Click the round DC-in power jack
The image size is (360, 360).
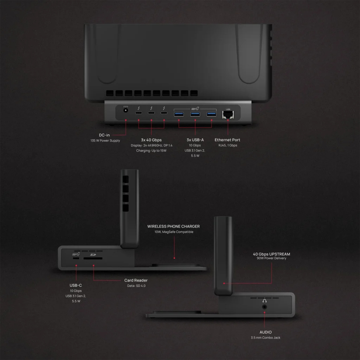[126, 110]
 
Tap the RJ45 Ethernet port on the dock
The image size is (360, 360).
[228, 115]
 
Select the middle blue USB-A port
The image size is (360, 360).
[195, 114]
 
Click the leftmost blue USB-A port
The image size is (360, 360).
[179, 114]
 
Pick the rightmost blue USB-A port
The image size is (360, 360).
[211, 114]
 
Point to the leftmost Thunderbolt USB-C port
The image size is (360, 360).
[139, 113]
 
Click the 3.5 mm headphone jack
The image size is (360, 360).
[264, 307]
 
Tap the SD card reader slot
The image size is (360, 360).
[93, 258]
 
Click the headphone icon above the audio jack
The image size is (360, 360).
[264, 301]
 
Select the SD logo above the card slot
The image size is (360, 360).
[93, 255]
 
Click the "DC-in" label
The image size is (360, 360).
[104, 135]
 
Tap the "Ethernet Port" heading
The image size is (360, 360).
[227, 140]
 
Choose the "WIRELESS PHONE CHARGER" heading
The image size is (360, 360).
[174, 226]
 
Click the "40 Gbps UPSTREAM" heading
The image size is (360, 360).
[271, 254]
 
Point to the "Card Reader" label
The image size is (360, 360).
[136, 280]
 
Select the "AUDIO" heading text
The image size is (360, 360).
[266, 332]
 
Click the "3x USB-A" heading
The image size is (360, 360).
[195, 140]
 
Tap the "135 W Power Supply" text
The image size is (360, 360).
[105, 141]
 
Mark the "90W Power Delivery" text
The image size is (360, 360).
[272, 258]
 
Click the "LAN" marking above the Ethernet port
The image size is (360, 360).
[228, 109]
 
